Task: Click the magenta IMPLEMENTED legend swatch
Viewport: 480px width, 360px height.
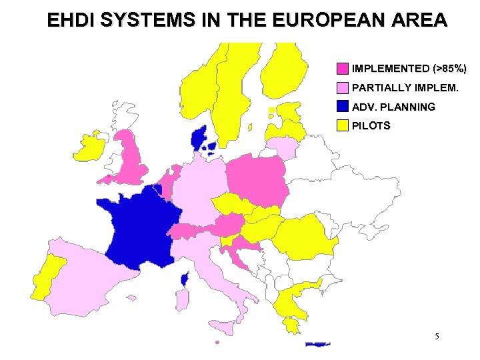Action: tap(342, 69)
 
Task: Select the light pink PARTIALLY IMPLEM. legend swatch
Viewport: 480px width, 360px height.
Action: tap(342, 87)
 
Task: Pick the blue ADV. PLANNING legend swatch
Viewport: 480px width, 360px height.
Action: tap(342, 106)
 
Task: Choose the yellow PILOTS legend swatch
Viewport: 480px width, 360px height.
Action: tap(342, 125)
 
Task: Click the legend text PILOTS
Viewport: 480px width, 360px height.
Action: tap(371, 125)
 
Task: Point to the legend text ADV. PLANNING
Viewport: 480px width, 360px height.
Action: tap(393, 107)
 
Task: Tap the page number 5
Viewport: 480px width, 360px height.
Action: tap(437, 337)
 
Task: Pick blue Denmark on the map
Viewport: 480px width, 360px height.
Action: tap(199, 138)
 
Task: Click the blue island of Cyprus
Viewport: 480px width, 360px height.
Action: tap(318, 344)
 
